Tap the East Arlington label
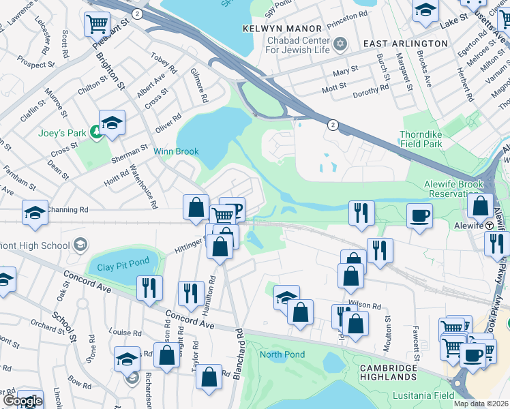tap(405, 44)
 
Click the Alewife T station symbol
tap(490, 226)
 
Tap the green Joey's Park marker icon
tap(97, 133)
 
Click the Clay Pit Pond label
tap(123, 267)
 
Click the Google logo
tap(22, 401)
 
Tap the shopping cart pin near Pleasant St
tap(97, 25)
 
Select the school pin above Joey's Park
tap(112, 123)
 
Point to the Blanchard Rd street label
tap(239, 354)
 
